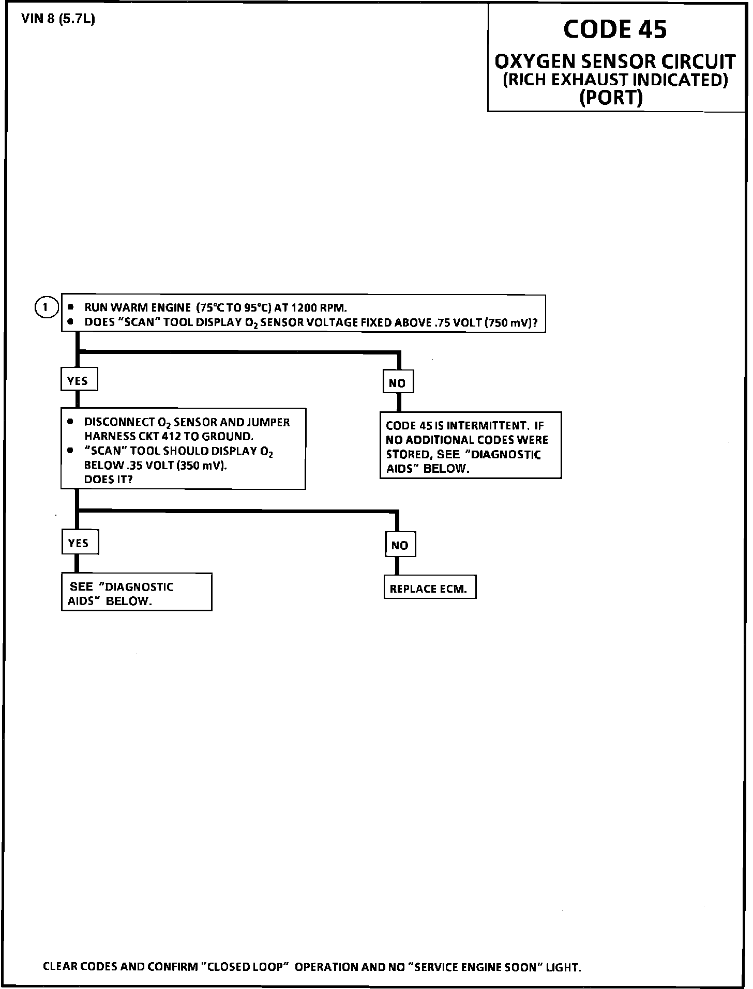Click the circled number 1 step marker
[46, 307]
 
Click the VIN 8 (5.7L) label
[58, 20]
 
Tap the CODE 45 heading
[615, 29]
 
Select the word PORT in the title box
[611, 97]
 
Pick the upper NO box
[398, 383]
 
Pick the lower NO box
[400, 545]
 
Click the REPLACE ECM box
[429, 589]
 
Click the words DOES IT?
[109, 480]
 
